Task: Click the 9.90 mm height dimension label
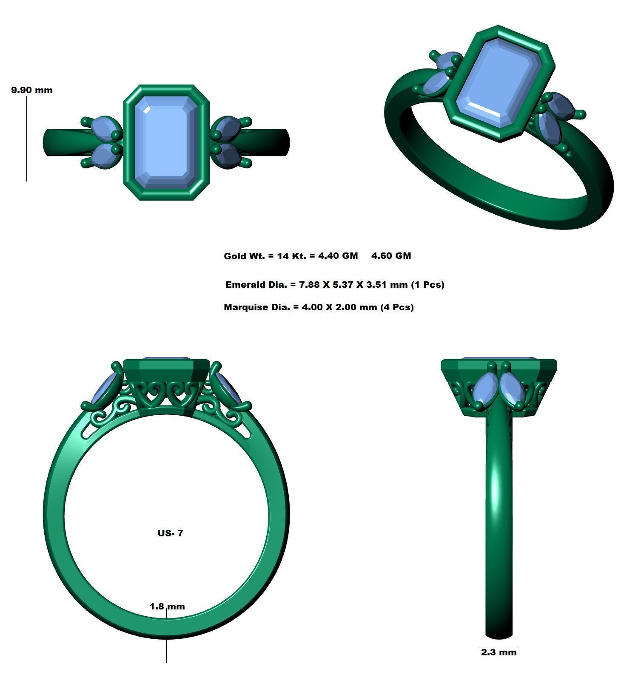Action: (32, 90)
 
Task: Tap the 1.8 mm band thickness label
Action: (167, 606)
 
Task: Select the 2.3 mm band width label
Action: (498, 652)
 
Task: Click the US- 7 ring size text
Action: (170, 533)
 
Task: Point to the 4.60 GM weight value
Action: (391, 256)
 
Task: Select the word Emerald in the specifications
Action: (245, 285)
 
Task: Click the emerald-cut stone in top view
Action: (166, 142)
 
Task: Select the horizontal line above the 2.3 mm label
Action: (498, 648)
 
